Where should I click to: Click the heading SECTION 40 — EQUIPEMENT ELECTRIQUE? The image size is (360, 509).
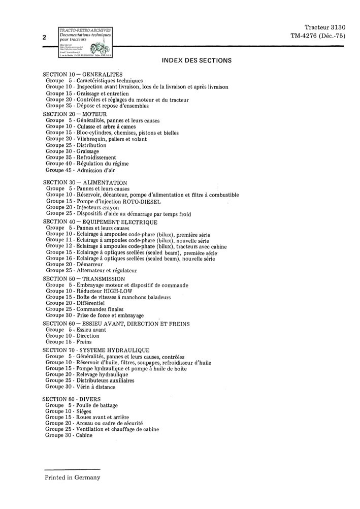click(x=100, y=222)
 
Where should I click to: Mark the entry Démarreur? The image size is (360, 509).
click(x=89, y=265)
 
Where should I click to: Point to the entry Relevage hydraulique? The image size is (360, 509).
click(x=102, y=374)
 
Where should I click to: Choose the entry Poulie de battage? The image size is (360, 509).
click(x=97, y=405)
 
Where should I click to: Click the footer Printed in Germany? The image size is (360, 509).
click(x=72, y=478)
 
